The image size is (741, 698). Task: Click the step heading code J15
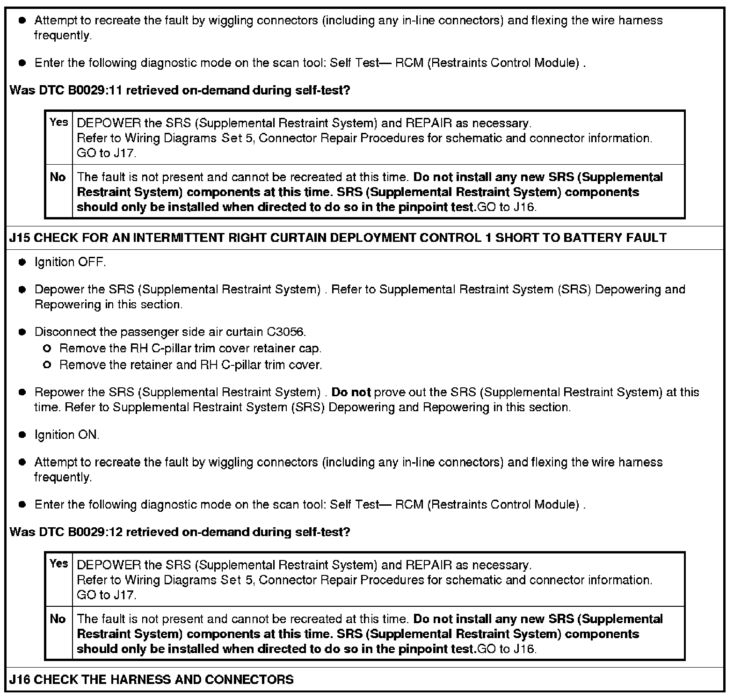[20, 238]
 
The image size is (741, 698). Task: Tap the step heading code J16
[20, 679]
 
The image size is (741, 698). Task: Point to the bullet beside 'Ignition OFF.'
[22, 262]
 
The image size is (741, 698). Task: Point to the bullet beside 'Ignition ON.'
[22, 435]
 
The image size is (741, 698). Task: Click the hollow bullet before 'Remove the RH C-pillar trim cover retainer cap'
[46, 349]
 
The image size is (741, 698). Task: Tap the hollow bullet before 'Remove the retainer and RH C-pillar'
[46, 365]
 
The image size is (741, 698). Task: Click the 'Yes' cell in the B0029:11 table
[59, 123]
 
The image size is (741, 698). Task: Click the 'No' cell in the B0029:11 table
[58, 177]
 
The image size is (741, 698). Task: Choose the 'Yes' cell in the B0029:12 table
[59, 564]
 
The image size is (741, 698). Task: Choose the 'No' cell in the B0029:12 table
[58, 619]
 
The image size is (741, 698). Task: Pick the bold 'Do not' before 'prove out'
[351, 392]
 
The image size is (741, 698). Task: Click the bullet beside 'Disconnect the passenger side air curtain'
[22, 332]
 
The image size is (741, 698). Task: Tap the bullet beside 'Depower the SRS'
[22, 290]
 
